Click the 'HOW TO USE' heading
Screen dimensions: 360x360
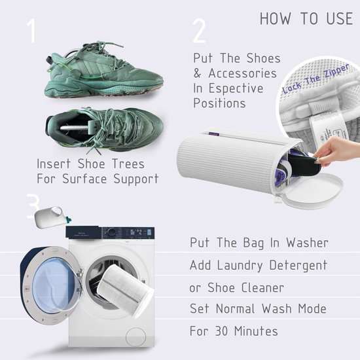click(x=306, y=18)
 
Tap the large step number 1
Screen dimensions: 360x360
click(x=31, y=31)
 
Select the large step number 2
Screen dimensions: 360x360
click(x=200, y=31)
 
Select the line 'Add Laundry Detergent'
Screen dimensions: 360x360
click(x=268, y=266)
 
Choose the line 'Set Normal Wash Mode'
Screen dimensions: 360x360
click(x=267, y=308)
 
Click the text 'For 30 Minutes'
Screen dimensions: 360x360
click(x=233, y=331)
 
